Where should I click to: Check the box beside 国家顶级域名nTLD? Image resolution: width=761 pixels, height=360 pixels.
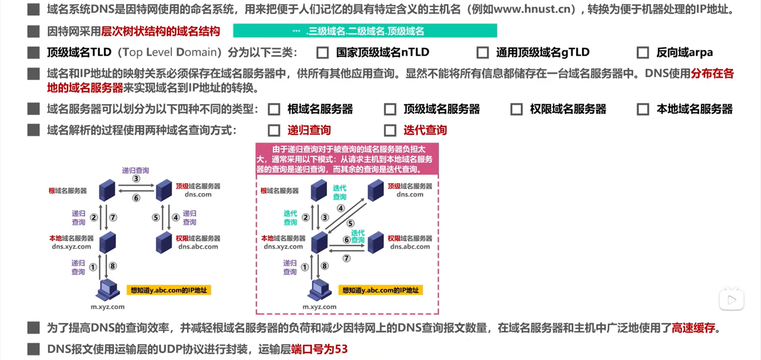coord(323,53)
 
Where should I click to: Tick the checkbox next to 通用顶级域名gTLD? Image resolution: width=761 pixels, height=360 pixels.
coord(482,53)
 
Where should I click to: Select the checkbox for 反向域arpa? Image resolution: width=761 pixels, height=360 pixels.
coord(642,53)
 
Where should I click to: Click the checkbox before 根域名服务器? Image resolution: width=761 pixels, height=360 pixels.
coord(274,109)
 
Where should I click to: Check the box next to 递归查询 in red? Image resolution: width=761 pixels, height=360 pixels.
coord(274,130)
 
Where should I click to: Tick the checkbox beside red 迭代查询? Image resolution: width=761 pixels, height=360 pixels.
coord(390,130)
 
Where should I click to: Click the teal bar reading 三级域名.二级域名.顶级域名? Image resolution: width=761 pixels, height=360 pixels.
coord(365,31)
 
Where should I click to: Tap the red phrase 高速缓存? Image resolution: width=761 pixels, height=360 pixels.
coord(694,328)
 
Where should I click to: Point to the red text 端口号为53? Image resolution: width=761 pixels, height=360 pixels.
coord(319,349)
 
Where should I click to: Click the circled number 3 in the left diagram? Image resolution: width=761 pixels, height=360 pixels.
coord(136,179)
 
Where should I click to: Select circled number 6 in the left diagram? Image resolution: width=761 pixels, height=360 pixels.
coord(136,198)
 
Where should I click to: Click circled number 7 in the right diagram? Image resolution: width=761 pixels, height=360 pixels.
coord(346,259)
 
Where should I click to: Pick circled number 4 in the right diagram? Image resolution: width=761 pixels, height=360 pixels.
coord(341,208)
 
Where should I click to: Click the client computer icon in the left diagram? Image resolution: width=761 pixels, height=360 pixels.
coord(107,290)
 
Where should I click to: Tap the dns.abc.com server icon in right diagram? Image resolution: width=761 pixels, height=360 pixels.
coord(375,243)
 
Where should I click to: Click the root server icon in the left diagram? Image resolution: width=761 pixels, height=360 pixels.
coord(107,190)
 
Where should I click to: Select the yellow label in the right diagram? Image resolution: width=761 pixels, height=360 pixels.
coord(380,290)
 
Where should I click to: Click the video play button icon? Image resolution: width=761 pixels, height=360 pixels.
coord(731,300)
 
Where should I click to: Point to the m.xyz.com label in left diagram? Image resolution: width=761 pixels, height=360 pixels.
coord(107,307)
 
